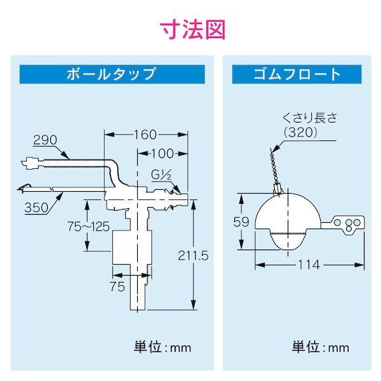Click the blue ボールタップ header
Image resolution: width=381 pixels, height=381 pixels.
(x=112, y=74)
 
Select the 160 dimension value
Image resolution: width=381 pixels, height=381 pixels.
(x=146, y=135)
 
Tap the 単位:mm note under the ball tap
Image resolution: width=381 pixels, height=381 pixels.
(x=162, y=347)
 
